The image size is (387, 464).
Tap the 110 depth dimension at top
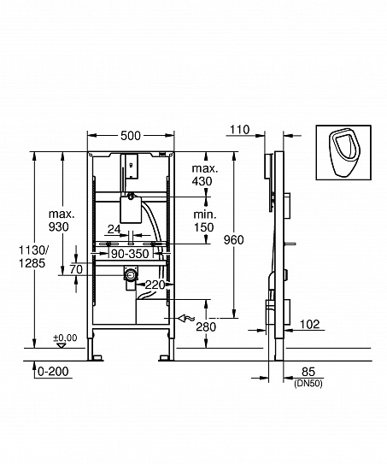pos(239,130)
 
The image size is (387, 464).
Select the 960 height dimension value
pos(234,240)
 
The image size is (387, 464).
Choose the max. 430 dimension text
pos(203,176)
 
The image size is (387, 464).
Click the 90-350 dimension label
pos(131,254)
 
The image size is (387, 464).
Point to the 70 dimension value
pos(75,269)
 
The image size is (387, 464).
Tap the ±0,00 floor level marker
pos(65,338)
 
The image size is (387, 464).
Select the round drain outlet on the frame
pos(130,274)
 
